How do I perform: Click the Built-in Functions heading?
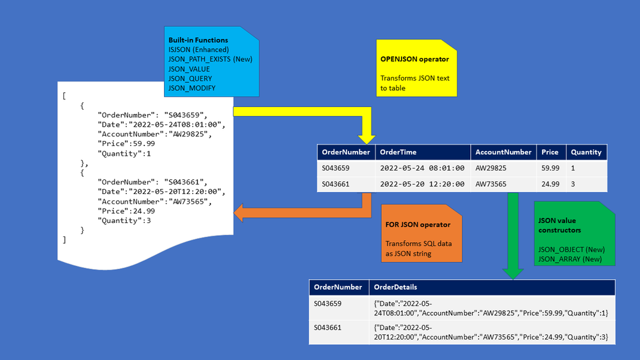click(x=198, y=40)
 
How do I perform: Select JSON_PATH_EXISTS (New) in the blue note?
click(x=210, y=59)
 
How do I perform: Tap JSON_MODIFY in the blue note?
click(x=192, y=88)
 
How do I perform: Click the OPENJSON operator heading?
click(x=414, y=59)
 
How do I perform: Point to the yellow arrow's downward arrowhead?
click(x=366, y=140)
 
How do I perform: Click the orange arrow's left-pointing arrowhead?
click(x=238, y=213)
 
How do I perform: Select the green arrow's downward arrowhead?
click(x=513, y=274)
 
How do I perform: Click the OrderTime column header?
click(x=398, y=152)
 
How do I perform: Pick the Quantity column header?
click(x=586, y=152)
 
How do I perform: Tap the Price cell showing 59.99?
click(x=550, y=168)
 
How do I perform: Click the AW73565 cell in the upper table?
click(x=491, y=184)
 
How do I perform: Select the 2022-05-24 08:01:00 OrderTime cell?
click(x=422, y=168)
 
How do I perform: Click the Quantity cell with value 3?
click(x=573, y=184)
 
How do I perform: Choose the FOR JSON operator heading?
click(x=418, y=224)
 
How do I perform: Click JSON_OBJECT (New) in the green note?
click(x=571, y=249)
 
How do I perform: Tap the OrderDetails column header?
click(x=395, y=287)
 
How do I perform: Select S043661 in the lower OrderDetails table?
click(x=327, y=327)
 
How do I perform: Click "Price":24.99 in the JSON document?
click(x=126, y=211)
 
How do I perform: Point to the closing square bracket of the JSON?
click(x=64, y=240)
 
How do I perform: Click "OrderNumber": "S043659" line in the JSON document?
click(x=152, y=115)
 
